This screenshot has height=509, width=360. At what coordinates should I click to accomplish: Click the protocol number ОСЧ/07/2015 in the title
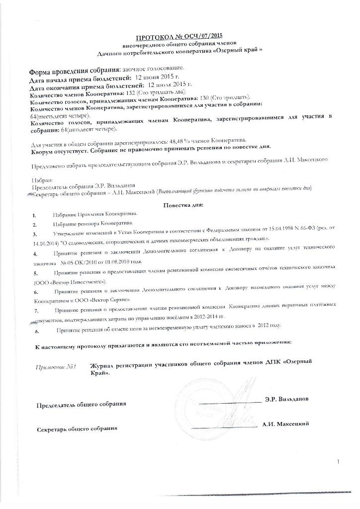point(202,37)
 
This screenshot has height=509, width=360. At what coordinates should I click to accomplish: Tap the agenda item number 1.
point(33,216)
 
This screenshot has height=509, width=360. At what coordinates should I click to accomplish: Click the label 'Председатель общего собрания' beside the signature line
point(81,404)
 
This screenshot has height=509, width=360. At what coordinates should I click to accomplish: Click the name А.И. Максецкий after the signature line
point(285,424)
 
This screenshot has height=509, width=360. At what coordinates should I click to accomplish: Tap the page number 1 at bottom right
point(338,462)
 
